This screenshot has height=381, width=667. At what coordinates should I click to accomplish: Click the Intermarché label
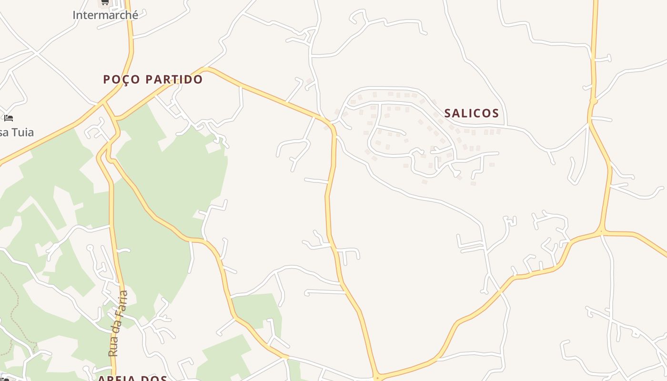tap(105, 15)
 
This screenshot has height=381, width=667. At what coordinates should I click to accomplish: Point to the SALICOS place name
tap(471, 113)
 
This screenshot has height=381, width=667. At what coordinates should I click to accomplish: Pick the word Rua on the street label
tap(113, 347)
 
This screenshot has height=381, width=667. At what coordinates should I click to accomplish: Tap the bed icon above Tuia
tap(9, 118)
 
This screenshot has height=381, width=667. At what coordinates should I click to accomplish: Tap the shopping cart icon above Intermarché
tap(104, 2)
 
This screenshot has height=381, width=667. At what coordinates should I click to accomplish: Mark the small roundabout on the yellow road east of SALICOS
tap(594, 101)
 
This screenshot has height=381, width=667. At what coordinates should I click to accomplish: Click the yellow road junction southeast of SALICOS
tap(602, 232)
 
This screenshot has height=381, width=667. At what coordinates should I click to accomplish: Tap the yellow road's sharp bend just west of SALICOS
tap(330, 125)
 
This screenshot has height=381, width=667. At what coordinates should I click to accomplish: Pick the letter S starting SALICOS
tap(448, 113)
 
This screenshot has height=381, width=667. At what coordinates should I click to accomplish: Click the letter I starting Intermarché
tap(74, 15)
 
